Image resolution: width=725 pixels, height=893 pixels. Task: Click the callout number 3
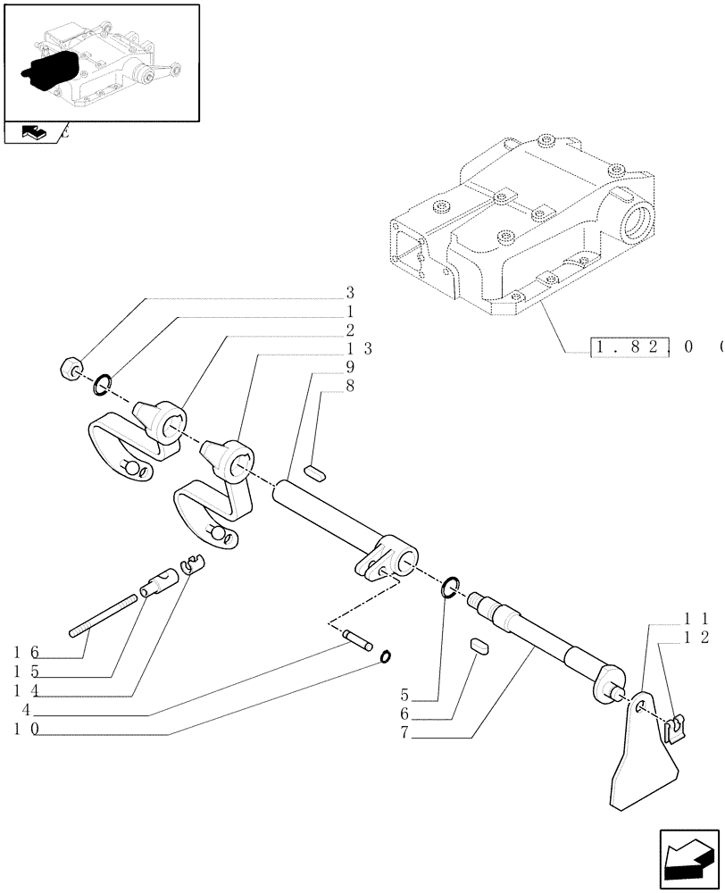click(x=351, y=293)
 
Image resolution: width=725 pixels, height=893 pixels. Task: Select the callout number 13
click(x=354, y=348)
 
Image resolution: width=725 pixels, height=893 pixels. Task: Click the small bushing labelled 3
click(x=71, y=367)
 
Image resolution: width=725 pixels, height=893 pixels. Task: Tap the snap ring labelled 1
click(x=103, y=386)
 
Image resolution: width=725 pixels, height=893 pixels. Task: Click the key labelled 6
click(x=479, y=646)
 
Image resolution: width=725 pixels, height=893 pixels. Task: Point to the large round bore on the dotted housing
click(x=640, y=217)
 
